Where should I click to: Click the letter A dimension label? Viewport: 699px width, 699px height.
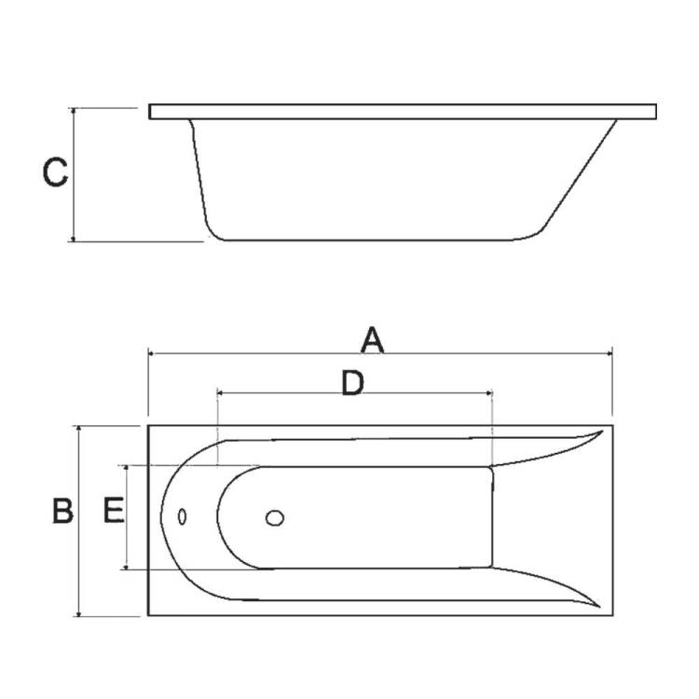[x=372, y=340]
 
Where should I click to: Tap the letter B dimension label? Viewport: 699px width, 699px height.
[x=62, y=511]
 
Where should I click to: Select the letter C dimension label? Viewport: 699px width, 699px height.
[x=55, y=172]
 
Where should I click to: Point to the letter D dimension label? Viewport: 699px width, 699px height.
[x=352, y=383]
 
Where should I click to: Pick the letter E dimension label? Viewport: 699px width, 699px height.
[x=114, y=511]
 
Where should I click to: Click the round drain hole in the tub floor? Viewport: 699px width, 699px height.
[x=275, y=518]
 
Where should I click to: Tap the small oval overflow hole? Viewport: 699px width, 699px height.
[x=182, y=516]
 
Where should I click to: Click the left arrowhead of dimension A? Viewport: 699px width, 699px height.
[x=151, y=353]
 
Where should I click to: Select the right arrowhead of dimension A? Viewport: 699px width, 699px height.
[x=609, y=353]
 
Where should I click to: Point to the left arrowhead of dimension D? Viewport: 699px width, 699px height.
[x=220, y=392]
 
